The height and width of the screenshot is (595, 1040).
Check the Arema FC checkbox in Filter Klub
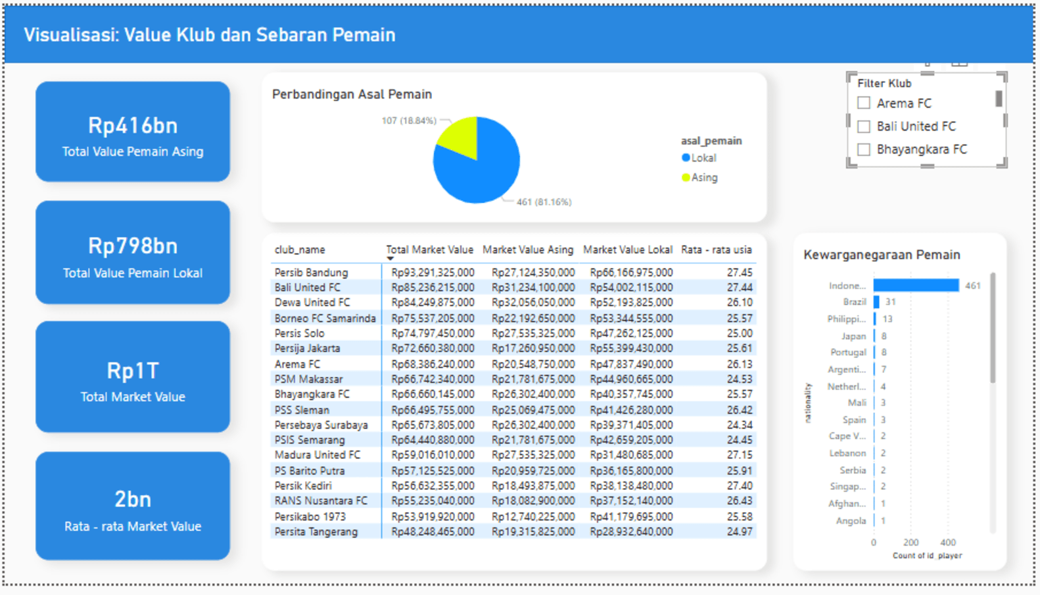pyautogui.click(x=864, y=102)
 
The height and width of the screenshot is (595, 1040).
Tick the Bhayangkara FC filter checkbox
pyautogui.click(x=864, y=149)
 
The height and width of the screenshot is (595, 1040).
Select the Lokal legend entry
pyautogui.click(x=699, y=158)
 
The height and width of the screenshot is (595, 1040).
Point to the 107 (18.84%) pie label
pyautogui.click(x=409, y=121)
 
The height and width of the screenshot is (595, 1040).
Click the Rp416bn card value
pyautogui.click(x=133, y=125)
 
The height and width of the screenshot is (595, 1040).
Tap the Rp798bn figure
pyautogui.click(x=133, y=246)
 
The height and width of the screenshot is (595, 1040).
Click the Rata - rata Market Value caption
pyautogui.click(x=133, y=526)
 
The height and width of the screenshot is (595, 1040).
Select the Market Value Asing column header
pyautogui.click(x=528, y=250)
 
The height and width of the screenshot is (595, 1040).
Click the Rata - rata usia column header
pyautogui.click(x=716, y=250)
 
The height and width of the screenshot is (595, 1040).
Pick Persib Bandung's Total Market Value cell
pyautogui.click(x=433, y=273)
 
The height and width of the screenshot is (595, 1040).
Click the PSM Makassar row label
pyautogui.click(x=308, y=380)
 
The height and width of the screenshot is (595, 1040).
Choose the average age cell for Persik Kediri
pyautogui.click(x=740, y=485)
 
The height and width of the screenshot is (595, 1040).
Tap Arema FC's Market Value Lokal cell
pyautogui.click(x=631, y=364)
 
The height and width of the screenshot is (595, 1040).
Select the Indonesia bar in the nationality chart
pyautogui.click(x=916, y=285)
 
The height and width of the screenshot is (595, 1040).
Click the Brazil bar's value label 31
pyautogui.click(x=890, y=302)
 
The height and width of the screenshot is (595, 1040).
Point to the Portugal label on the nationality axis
pyautogui.click(x=848, y=353)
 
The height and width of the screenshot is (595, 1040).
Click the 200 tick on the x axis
pyautogui.click(x=910, y=542)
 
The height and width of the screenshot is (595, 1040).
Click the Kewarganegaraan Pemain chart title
pyautogui.click(x=882, y=255)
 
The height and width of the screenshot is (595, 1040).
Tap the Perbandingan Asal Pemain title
pyautogui.click(x=352, y=94)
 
